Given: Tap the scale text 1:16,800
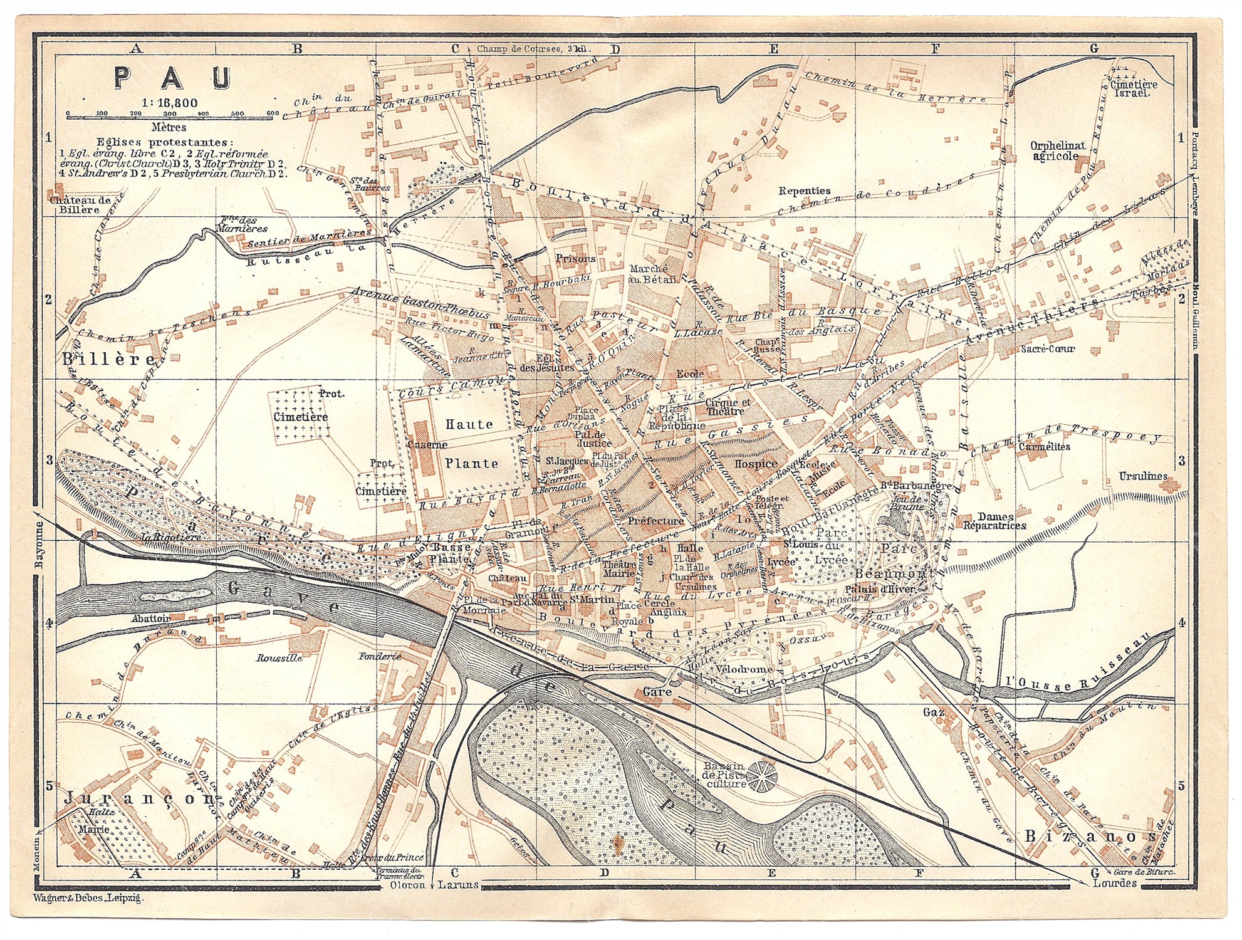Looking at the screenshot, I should click(x=169, y=103).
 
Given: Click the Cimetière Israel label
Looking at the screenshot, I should click(x=1134, y=88).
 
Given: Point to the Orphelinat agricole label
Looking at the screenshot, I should click(x=1058, y=151).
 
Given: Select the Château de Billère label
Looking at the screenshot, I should click(x=81, y=205).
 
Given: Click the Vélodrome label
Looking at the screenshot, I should click(x=744, y=669).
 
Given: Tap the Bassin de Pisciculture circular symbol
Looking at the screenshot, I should click(x=761, y=778).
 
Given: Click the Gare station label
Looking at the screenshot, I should click(x=657, y=692).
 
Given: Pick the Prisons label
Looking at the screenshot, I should click(x=575, y=258).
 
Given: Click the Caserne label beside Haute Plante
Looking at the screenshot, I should click(x=427, y=444).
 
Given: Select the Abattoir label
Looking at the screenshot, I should click(x=151, y=618).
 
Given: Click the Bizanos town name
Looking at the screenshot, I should click(x=1089, y=837).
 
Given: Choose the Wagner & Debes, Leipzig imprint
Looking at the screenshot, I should click(x=88, y=898).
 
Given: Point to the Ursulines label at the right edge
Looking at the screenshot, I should click(x=1142, y=476).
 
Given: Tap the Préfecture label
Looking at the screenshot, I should click(x=655, y=521).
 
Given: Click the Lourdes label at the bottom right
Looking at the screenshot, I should click(x=1114, y=883).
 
